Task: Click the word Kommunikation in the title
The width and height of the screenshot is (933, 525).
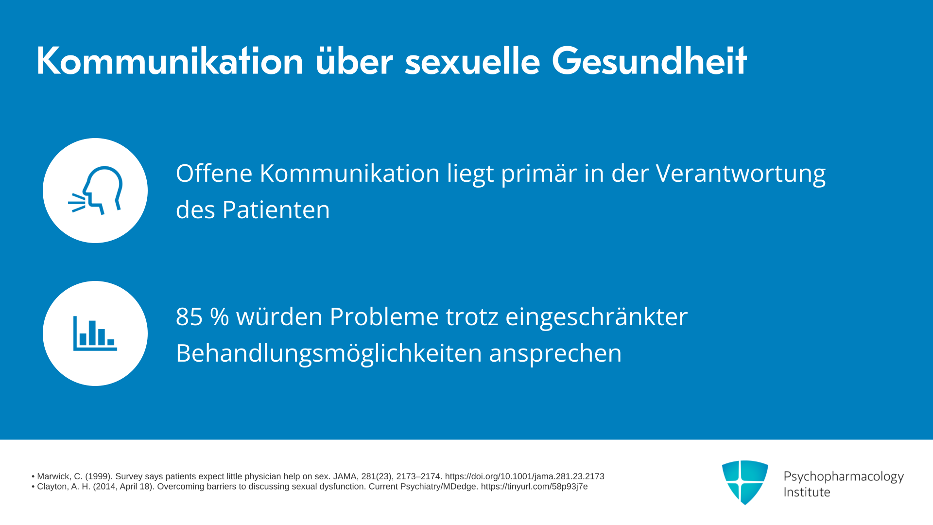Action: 170,61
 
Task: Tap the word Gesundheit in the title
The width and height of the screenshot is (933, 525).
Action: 649,61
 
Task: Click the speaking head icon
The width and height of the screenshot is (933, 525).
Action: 95,190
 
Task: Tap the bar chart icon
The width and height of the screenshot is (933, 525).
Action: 95,333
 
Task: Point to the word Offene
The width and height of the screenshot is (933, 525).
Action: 214,173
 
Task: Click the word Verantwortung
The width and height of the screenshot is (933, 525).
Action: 741,174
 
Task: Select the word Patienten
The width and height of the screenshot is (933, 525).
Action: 276,210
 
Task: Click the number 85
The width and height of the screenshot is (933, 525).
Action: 189,317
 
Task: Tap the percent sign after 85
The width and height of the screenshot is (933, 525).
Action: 220,317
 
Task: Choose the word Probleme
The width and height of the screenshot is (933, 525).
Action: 384,316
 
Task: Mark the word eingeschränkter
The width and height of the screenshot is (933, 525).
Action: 597,317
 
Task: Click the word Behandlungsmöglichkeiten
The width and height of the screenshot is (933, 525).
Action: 328,353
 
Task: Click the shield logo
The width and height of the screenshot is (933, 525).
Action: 745,482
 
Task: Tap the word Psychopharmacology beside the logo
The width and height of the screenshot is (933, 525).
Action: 844,477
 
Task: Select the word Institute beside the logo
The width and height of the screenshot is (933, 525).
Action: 807,492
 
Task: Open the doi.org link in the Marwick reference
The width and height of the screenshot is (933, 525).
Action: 525,476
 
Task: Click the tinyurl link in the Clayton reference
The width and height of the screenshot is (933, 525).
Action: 535,487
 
